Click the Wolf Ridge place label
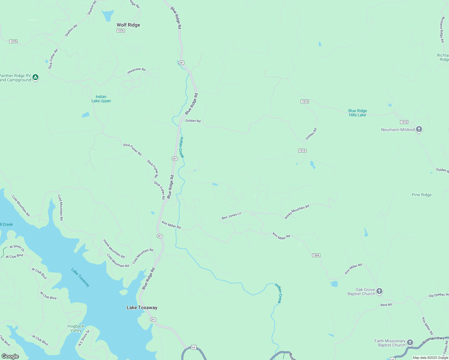click(x=128, y=25)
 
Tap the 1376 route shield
click(x=121, y=31)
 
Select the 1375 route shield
click(x=13, y=41)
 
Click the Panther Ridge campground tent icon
click(x=35, y=77)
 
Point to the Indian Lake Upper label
click(x=101, y=99)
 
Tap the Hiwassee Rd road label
click(x=136, y=71)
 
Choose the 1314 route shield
click(x=302, y=151)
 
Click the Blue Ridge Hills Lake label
click(x=357, y=113)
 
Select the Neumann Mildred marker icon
click(x=419, y=129)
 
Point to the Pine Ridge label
click(x=421, y=195)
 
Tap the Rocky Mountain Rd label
click(x=297, y=211)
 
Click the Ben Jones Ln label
click(x=231, y=216)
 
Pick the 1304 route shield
click(x=316, y=255)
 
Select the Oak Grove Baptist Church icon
click(x=379, y=291)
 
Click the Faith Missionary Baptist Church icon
click(x=410, y=342)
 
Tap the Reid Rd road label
click(x=386, y=305)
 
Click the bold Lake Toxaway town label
click(x=142, y=307)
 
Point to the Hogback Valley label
click(x=76, y=328)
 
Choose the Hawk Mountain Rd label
click(x=114, y=249)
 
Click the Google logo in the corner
click(x=10, y=356)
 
